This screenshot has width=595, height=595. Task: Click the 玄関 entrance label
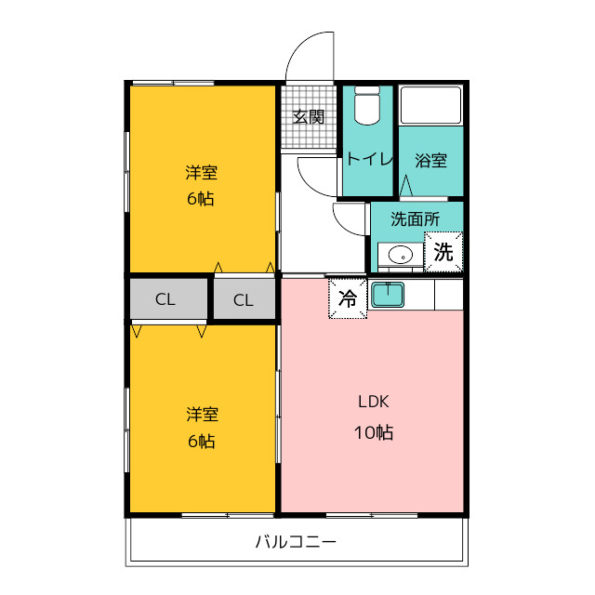[309, 117]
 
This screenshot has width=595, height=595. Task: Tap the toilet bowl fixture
[367, 105]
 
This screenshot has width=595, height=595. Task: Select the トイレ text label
[369, 159]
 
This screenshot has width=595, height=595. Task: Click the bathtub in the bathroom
[431, 105]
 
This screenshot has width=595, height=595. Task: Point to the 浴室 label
[430, 161]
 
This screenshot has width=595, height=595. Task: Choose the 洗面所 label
[416, 219]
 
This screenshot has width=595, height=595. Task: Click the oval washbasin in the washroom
[401, 255]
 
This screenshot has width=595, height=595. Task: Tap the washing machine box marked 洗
[443, 252]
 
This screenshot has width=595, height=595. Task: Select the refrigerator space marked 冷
[348, 298]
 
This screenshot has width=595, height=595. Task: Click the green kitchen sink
[388, 295]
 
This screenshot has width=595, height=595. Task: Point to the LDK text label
[374, 402]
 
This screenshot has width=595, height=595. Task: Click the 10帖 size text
[374, 432]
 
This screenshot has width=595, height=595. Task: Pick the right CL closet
[244, 299]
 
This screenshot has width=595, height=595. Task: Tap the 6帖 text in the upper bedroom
[201, 199]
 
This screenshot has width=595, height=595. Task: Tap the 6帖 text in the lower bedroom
[202, 442]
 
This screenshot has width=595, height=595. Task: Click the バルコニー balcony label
[296, 541]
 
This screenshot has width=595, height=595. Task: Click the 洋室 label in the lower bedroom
[203, 415]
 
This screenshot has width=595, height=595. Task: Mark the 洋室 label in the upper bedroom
[202, 173]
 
